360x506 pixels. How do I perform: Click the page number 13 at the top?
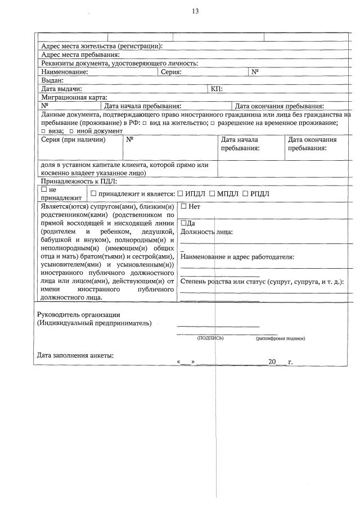click(195, 11)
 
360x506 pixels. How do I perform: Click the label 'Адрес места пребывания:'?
click(80, 55)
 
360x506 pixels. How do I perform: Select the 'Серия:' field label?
click(171, 72)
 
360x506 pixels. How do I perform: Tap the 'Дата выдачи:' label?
click(62, 89)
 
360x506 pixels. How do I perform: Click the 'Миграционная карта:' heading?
click(74, 97)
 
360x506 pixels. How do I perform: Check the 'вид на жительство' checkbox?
click(145, 123)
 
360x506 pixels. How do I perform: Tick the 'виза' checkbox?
click(43, 131)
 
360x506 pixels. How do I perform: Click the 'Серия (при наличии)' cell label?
click(73, 139)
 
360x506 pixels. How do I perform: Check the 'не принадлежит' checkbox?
click(44, 190)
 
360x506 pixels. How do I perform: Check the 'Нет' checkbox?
click(183, 206)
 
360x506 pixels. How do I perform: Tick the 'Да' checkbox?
click(183, 223)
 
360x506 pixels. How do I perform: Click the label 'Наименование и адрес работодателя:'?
click(237, 257)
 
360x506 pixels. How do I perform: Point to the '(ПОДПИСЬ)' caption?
click(210, 338)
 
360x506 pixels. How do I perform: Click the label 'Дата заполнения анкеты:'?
click(75, 355)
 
